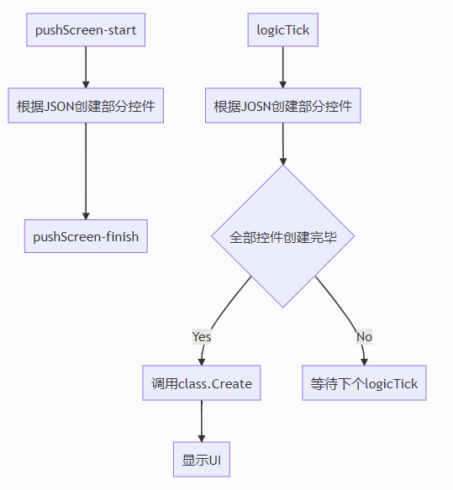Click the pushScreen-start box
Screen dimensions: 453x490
point(86,30)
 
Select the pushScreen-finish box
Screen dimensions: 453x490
point(86,236)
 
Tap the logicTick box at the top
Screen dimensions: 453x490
point(283,30)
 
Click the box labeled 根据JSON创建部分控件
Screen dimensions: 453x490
point(86,106)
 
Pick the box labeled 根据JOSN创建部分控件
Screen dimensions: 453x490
point(283,106)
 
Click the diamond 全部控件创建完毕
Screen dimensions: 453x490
point(283,236)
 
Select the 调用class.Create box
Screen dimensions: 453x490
point(202,382)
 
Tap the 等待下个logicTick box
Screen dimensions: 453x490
point(364,382)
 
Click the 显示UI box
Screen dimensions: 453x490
point(202,460)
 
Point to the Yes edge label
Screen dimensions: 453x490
point(202,337)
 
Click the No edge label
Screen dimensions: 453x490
point(364,337)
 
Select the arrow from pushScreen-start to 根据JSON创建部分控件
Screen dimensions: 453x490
point(86,67)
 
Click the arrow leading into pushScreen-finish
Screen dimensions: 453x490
point(86,171)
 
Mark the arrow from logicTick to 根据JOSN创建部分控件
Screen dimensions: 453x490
point(283,67)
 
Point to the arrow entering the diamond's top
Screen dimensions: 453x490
point(283,144)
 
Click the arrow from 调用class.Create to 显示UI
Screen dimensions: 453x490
point(202,421)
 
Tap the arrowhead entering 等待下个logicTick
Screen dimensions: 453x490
point(364,362)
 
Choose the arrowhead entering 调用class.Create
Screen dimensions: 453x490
point(202,362)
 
